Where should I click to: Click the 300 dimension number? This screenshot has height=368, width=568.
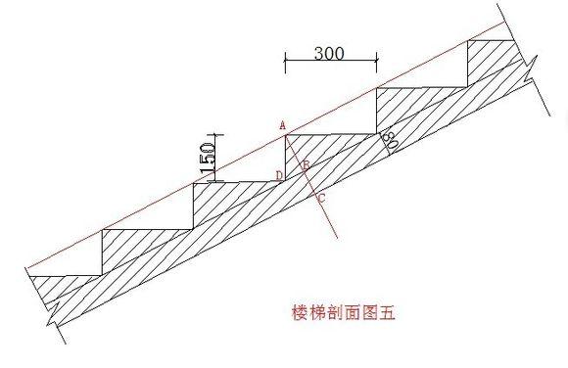tap(329, 53)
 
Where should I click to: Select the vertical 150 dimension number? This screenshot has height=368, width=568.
tap(209, 158)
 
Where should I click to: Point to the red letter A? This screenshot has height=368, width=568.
tap(281, 125)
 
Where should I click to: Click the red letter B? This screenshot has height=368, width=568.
tap(306, 166)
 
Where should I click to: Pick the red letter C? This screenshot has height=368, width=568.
tap(322, 199)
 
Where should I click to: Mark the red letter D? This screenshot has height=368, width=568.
tap(278, 176)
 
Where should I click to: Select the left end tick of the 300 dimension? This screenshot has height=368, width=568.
tap(285, 63)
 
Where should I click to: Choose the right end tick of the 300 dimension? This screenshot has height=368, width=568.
tap(377, 63)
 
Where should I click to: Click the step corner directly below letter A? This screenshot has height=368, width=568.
tap(286, 137)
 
